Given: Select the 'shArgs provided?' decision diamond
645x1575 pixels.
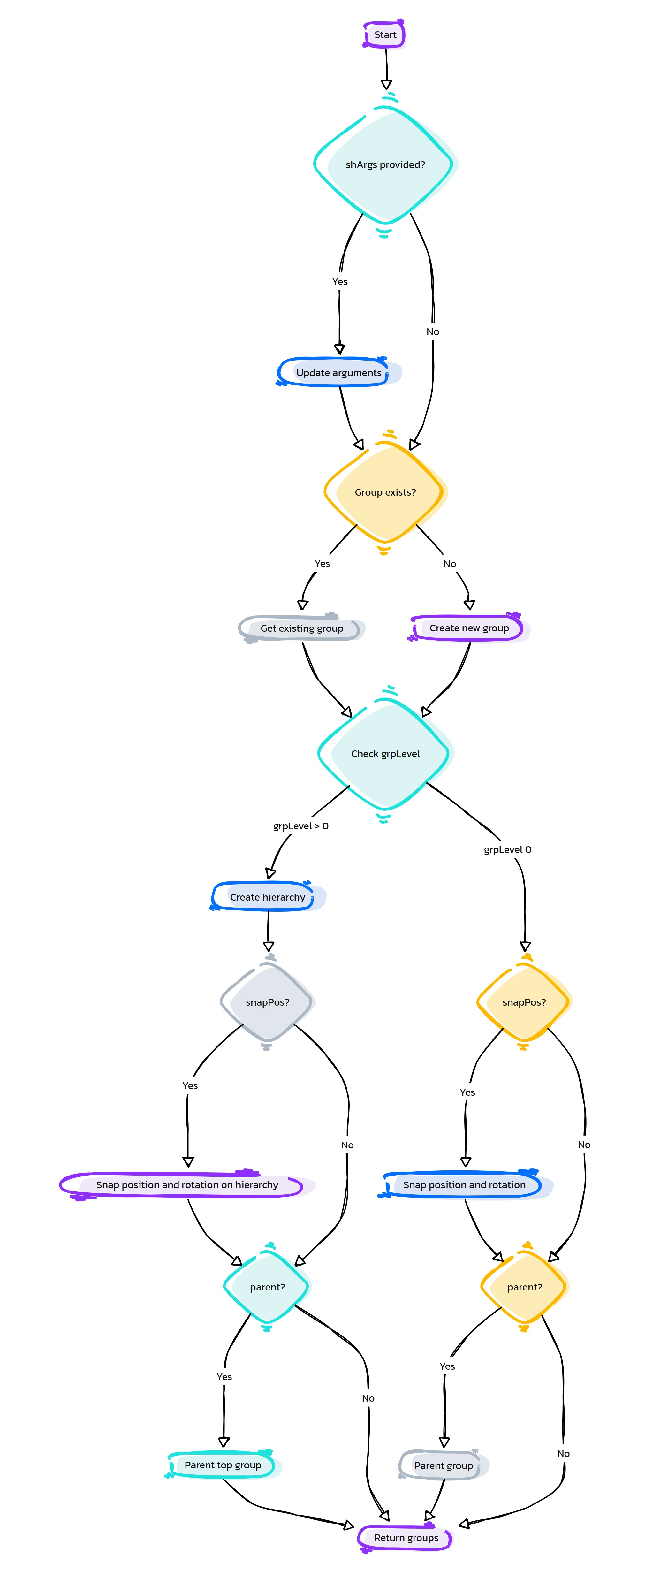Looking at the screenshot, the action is pyautogui.click(x=385, y=164).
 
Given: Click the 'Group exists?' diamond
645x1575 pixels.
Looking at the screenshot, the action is pyautogui.click(x=385, y=492).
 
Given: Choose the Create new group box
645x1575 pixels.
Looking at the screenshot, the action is pyautogui.click(x=469, y=628).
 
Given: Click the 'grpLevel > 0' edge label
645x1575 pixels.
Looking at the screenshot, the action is pyautogui.click(x=301, y=826).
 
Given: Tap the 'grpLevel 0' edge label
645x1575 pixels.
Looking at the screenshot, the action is pyautogui.click(x=507, y=849).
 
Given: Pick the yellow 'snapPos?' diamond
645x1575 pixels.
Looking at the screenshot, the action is pyautogui.click(x=524, y=1002).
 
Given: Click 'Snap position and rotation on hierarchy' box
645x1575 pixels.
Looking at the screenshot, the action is pyautogui.click(x=187, y=1185).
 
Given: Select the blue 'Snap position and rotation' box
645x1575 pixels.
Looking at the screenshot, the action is pyautogui.click(x=465, y=1185).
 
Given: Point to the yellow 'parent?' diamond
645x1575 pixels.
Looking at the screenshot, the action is pyautogui.click(x=525, y=1287).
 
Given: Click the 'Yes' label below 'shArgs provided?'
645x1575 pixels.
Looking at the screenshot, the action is pyautogui.click(x=340, y=281).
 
